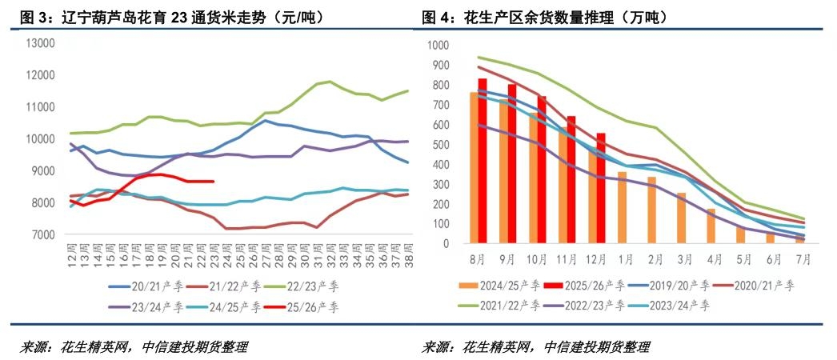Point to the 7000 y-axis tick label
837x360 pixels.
(42, 235)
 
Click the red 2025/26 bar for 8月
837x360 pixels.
(483, 160)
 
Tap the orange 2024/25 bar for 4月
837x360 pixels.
(711, 226)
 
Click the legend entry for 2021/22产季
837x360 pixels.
(503, 305)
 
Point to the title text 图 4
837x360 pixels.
(435, 17)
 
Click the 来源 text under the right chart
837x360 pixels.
(436, 346)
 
